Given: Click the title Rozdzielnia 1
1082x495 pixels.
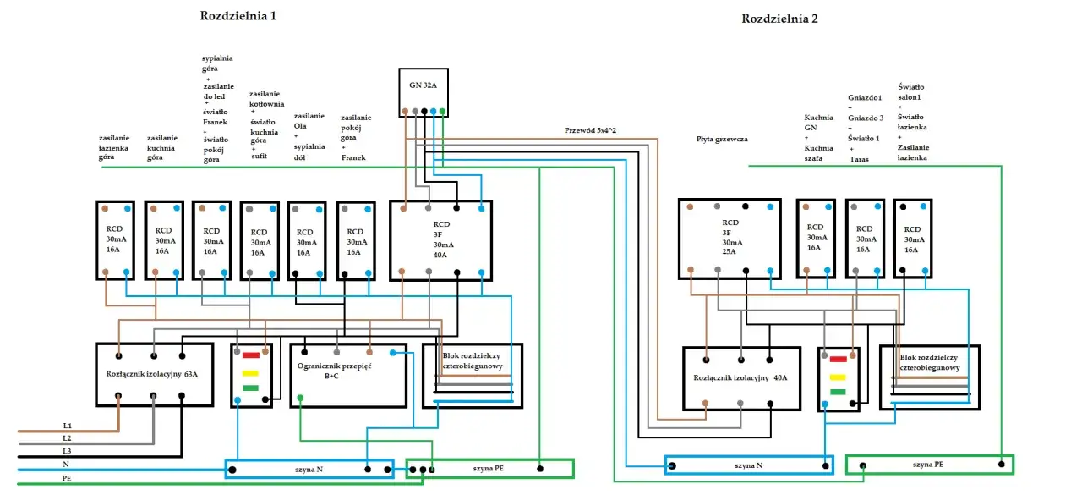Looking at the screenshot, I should click(x=238, y=15).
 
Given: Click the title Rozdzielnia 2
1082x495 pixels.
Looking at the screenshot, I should click(x=779, y=18).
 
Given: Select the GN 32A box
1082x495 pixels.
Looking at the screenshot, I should click(x=423, y=92).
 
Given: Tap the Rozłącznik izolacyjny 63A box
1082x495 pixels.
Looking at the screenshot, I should click(x=152, y=375).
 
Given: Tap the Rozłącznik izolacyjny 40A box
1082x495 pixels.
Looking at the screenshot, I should click(x=740, y=378).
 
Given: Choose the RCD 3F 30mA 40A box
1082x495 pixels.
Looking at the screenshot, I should click(x=440, y=240).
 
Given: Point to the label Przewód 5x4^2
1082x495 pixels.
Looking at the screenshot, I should click(x=590, y=130).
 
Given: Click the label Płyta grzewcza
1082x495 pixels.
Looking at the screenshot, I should click(x=722, y=138).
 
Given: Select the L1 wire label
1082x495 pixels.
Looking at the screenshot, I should click(x=68, y=425).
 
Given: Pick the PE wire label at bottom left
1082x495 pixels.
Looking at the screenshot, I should click(x=68, y=478).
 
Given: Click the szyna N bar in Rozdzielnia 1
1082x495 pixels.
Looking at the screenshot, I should click(x=309, y=469).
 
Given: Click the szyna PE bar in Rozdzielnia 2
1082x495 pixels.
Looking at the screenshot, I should click(x=928, y=465).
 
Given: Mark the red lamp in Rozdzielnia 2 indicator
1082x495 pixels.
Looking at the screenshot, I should click(x=838, y=359).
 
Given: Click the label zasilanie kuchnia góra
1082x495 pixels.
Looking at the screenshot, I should click(x=162, y=147).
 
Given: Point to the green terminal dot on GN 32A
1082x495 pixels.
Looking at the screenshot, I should click(x=442, y=111).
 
